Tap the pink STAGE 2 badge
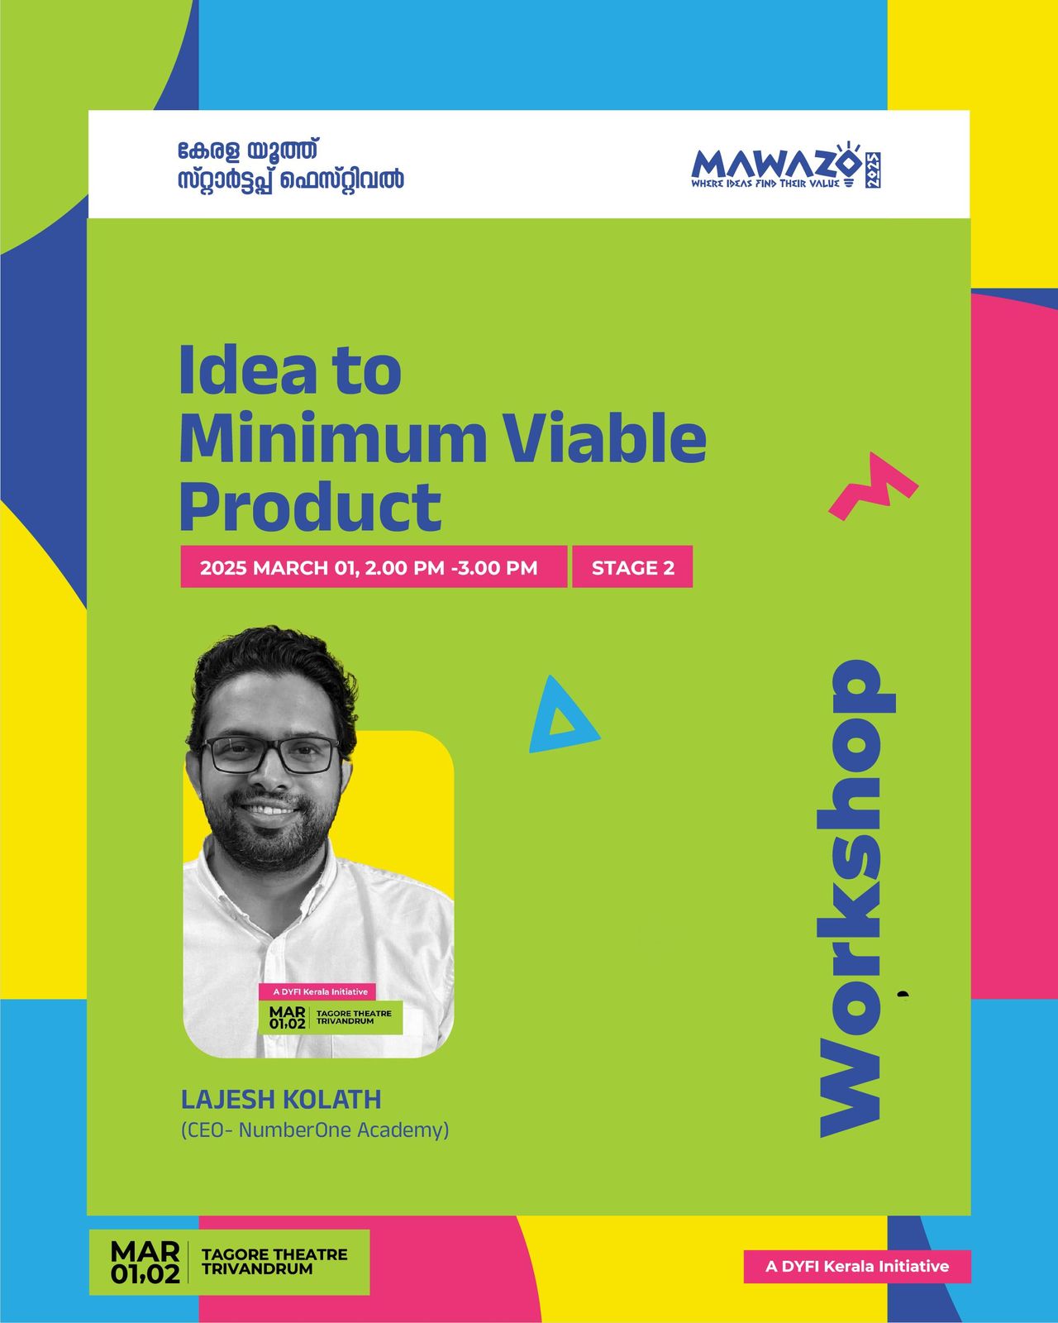coord(632,567)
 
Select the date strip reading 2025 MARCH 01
coord(373,567)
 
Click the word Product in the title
coord(311,507)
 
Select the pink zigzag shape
coord(873,485)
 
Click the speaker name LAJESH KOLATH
coord(281,1099)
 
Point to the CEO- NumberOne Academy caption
coord(315,1130)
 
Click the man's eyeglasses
coord(270,754)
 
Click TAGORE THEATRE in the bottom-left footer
coord(274,1254)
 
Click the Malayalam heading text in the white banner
coord(290,165)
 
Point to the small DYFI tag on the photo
coord(317,991)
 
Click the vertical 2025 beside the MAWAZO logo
coord(873,170)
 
